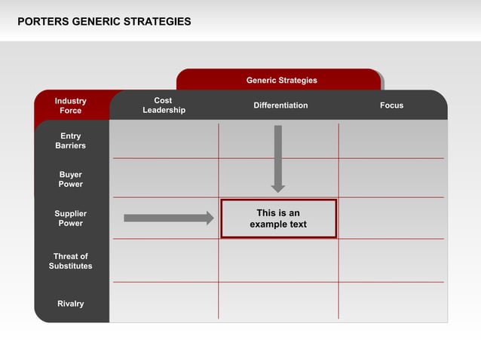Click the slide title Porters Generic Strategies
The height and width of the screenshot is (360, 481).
click(x=104, y=22)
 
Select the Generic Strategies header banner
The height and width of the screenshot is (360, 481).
click(x=281, y=80)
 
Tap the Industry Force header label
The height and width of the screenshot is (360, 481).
click(x=71, y=105)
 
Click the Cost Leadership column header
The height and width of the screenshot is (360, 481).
click(x=164, y=105)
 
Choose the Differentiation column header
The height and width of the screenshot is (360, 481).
click(x=280, y=105)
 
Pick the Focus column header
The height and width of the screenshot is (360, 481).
click(x=391, y=105)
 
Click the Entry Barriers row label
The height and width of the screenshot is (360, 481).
click(x=71, y=141)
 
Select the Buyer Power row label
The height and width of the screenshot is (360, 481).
click(x=71, y=179)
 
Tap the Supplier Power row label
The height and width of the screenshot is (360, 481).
click(x=71, y=218)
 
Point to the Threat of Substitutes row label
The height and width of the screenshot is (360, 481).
click(x=71, y=261)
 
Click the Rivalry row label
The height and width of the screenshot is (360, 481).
click(x=71, y=304)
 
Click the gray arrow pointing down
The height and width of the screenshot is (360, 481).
click(x=278, y=158)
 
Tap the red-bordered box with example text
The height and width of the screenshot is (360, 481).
click(x=278, y=218)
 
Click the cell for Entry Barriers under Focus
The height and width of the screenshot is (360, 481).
click(x=392, y=140)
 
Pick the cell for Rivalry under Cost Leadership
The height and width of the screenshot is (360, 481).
click(x=164, y=301)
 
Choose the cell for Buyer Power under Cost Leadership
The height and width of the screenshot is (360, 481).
click(x=164, y=178)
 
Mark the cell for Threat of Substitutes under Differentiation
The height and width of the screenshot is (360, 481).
click(x=278, y=261)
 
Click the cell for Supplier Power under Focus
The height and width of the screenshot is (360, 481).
click(x=392, y=218)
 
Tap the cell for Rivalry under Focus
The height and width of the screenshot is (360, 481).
click(x=392, y=301)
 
